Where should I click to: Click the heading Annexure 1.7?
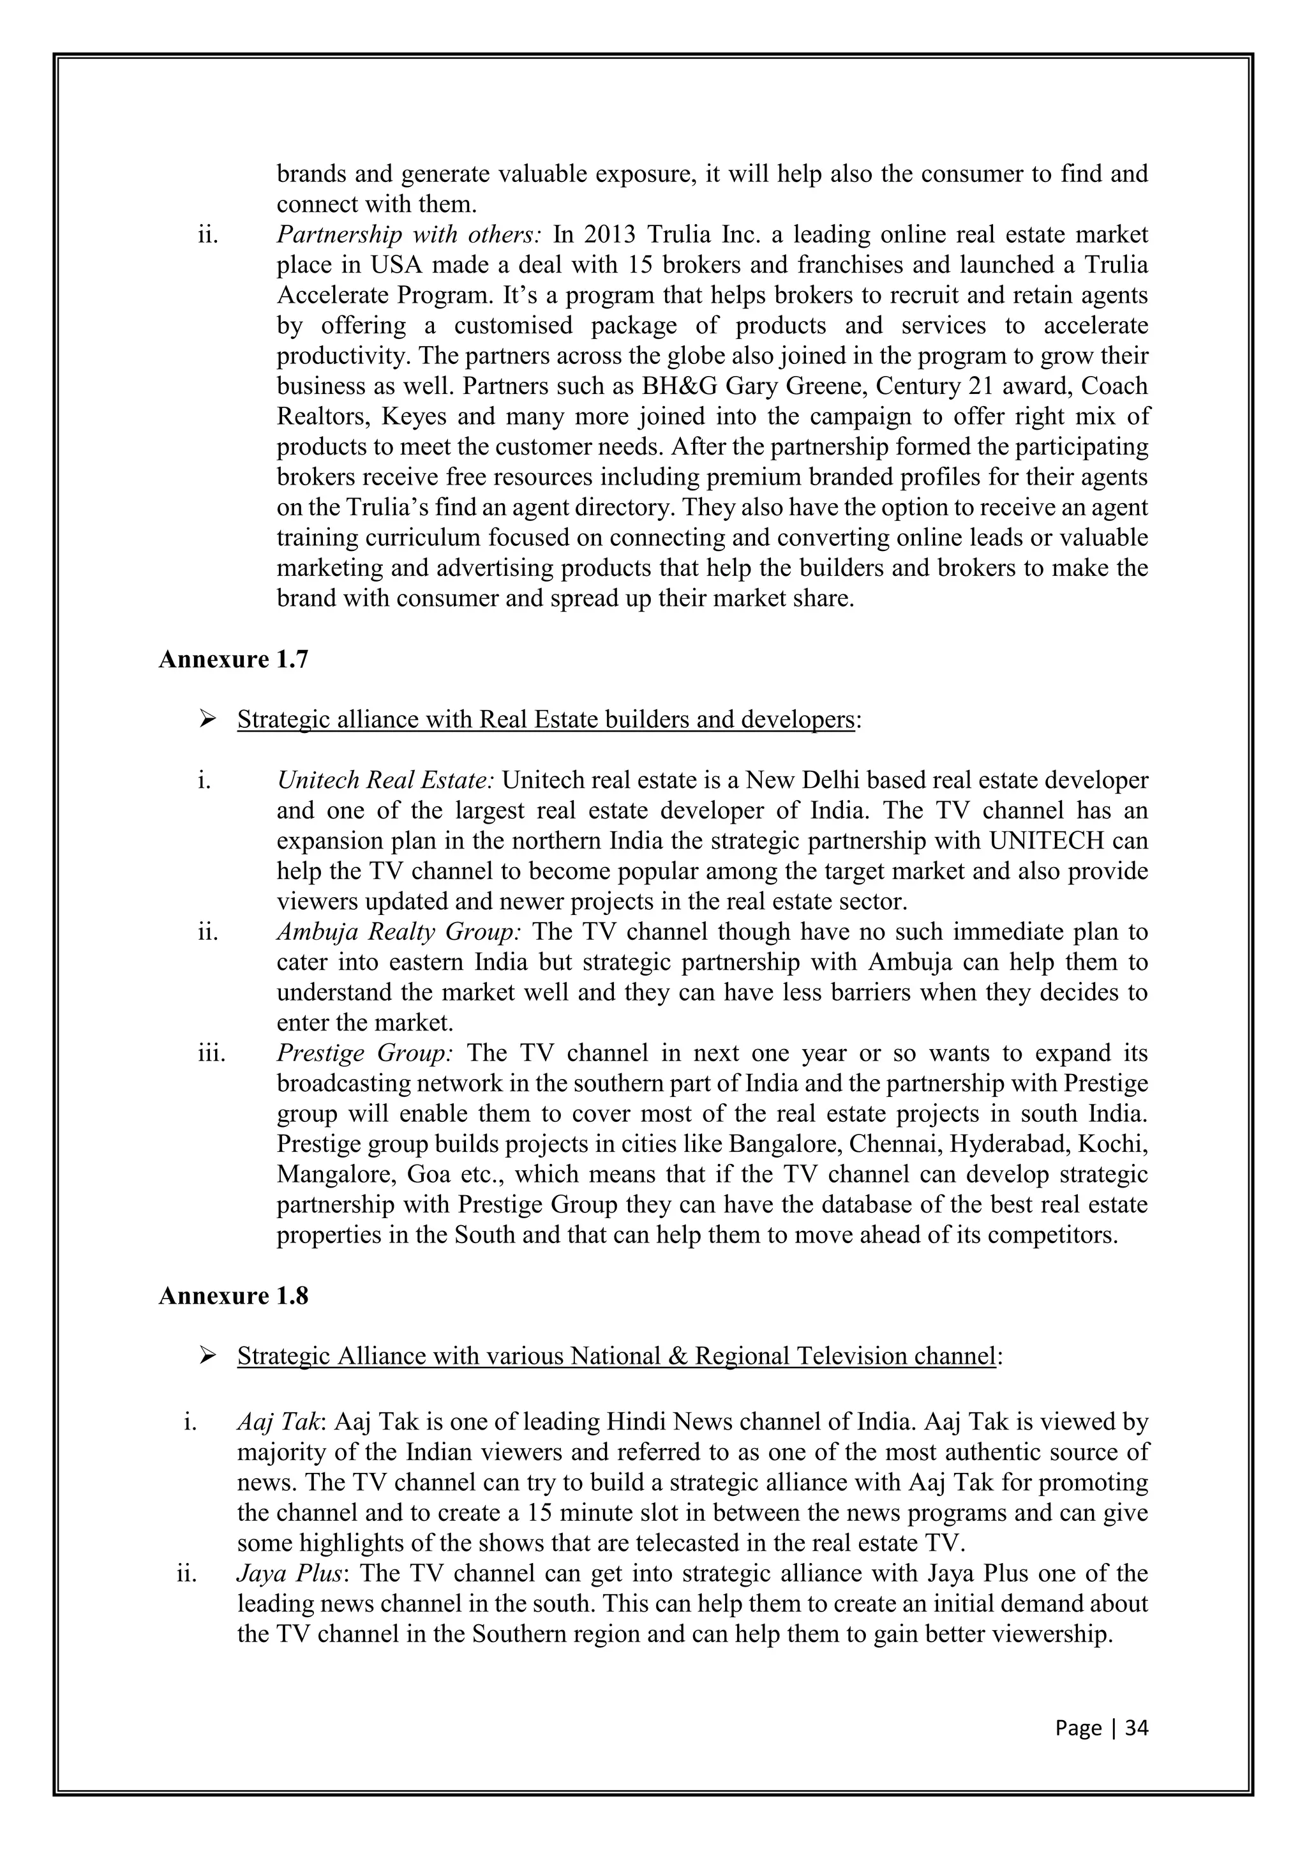point(234,660)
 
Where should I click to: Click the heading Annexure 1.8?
point(234,1295)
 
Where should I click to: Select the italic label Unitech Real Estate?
point(385,780)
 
